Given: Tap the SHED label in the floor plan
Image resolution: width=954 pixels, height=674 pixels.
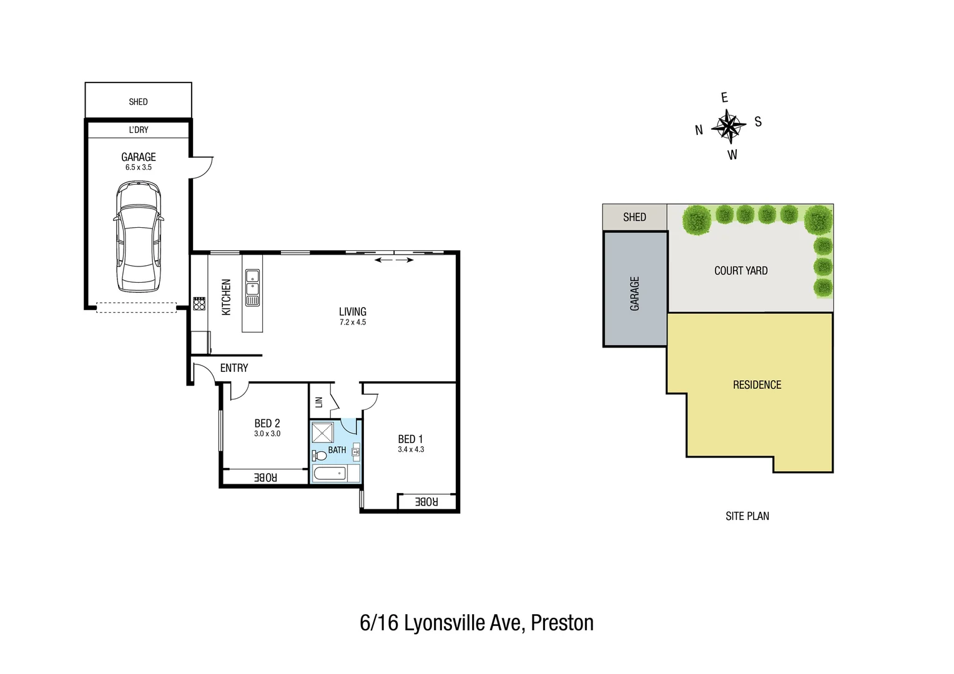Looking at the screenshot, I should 138,102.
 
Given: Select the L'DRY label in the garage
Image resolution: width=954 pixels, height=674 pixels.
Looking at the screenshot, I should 139,130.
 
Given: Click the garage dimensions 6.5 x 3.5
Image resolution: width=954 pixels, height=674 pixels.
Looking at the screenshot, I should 139,167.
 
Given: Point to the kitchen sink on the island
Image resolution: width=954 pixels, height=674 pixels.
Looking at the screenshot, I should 252,282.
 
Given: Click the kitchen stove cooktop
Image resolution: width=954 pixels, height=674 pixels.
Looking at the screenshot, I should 199,304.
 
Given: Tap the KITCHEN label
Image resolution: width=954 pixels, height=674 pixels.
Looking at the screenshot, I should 226,297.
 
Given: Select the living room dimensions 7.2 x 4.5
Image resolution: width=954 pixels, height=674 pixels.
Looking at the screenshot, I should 353,323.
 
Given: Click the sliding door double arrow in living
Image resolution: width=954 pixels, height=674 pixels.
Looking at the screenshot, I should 394,260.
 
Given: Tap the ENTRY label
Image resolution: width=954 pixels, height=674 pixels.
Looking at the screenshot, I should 234,368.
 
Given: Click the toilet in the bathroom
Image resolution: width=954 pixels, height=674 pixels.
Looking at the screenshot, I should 320,455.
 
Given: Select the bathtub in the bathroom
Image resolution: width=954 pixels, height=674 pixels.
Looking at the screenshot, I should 330,474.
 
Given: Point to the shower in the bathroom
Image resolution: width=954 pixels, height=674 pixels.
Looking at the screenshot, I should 323,432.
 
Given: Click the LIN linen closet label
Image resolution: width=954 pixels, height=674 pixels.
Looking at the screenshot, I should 318,402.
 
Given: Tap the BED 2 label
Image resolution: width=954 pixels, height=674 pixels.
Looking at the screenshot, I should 267,423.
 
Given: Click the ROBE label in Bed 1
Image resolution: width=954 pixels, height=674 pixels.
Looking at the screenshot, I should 426,502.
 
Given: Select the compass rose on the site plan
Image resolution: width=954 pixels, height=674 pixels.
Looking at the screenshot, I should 728,125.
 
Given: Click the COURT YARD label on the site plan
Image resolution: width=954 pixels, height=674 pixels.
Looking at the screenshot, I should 740,271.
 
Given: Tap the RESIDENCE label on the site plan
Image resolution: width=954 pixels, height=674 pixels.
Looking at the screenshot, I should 757,385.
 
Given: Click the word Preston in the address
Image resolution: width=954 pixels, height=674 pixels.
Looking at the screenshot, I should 562,623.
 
